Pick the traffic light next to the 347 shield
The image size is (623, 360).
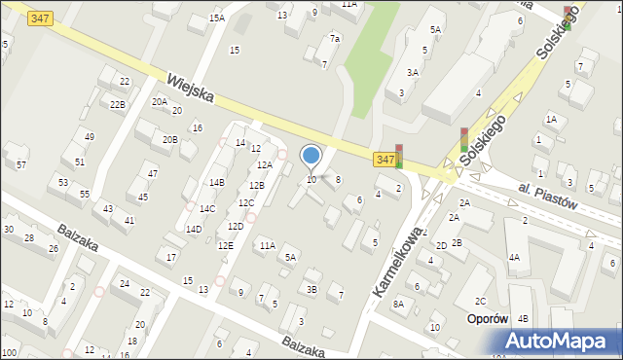(x=398, y=156)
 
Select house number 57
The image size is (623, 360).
(x=21, y=165)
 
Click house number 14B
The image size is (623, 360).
(x=217, y=182)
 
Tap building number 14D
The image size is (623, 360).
(x=194, y=230)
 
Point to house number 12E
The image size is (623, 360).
(x=225, y=246)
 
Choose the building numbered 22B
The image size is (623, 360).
(x=117, y=104)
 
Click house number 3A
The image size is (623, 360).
(x=413, y=72)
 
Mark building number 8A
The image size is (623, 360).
(x=398, y=305)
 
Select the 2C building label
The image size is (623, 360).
(x=480, y=302)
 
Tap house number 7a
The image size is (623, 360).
(x=334, y=39)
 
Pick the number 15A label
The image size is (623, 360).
(x=217, y=18)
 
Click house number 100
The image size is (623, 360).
(x=9, y=352)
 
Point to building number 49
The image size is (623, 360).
(x=89, y=136)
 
